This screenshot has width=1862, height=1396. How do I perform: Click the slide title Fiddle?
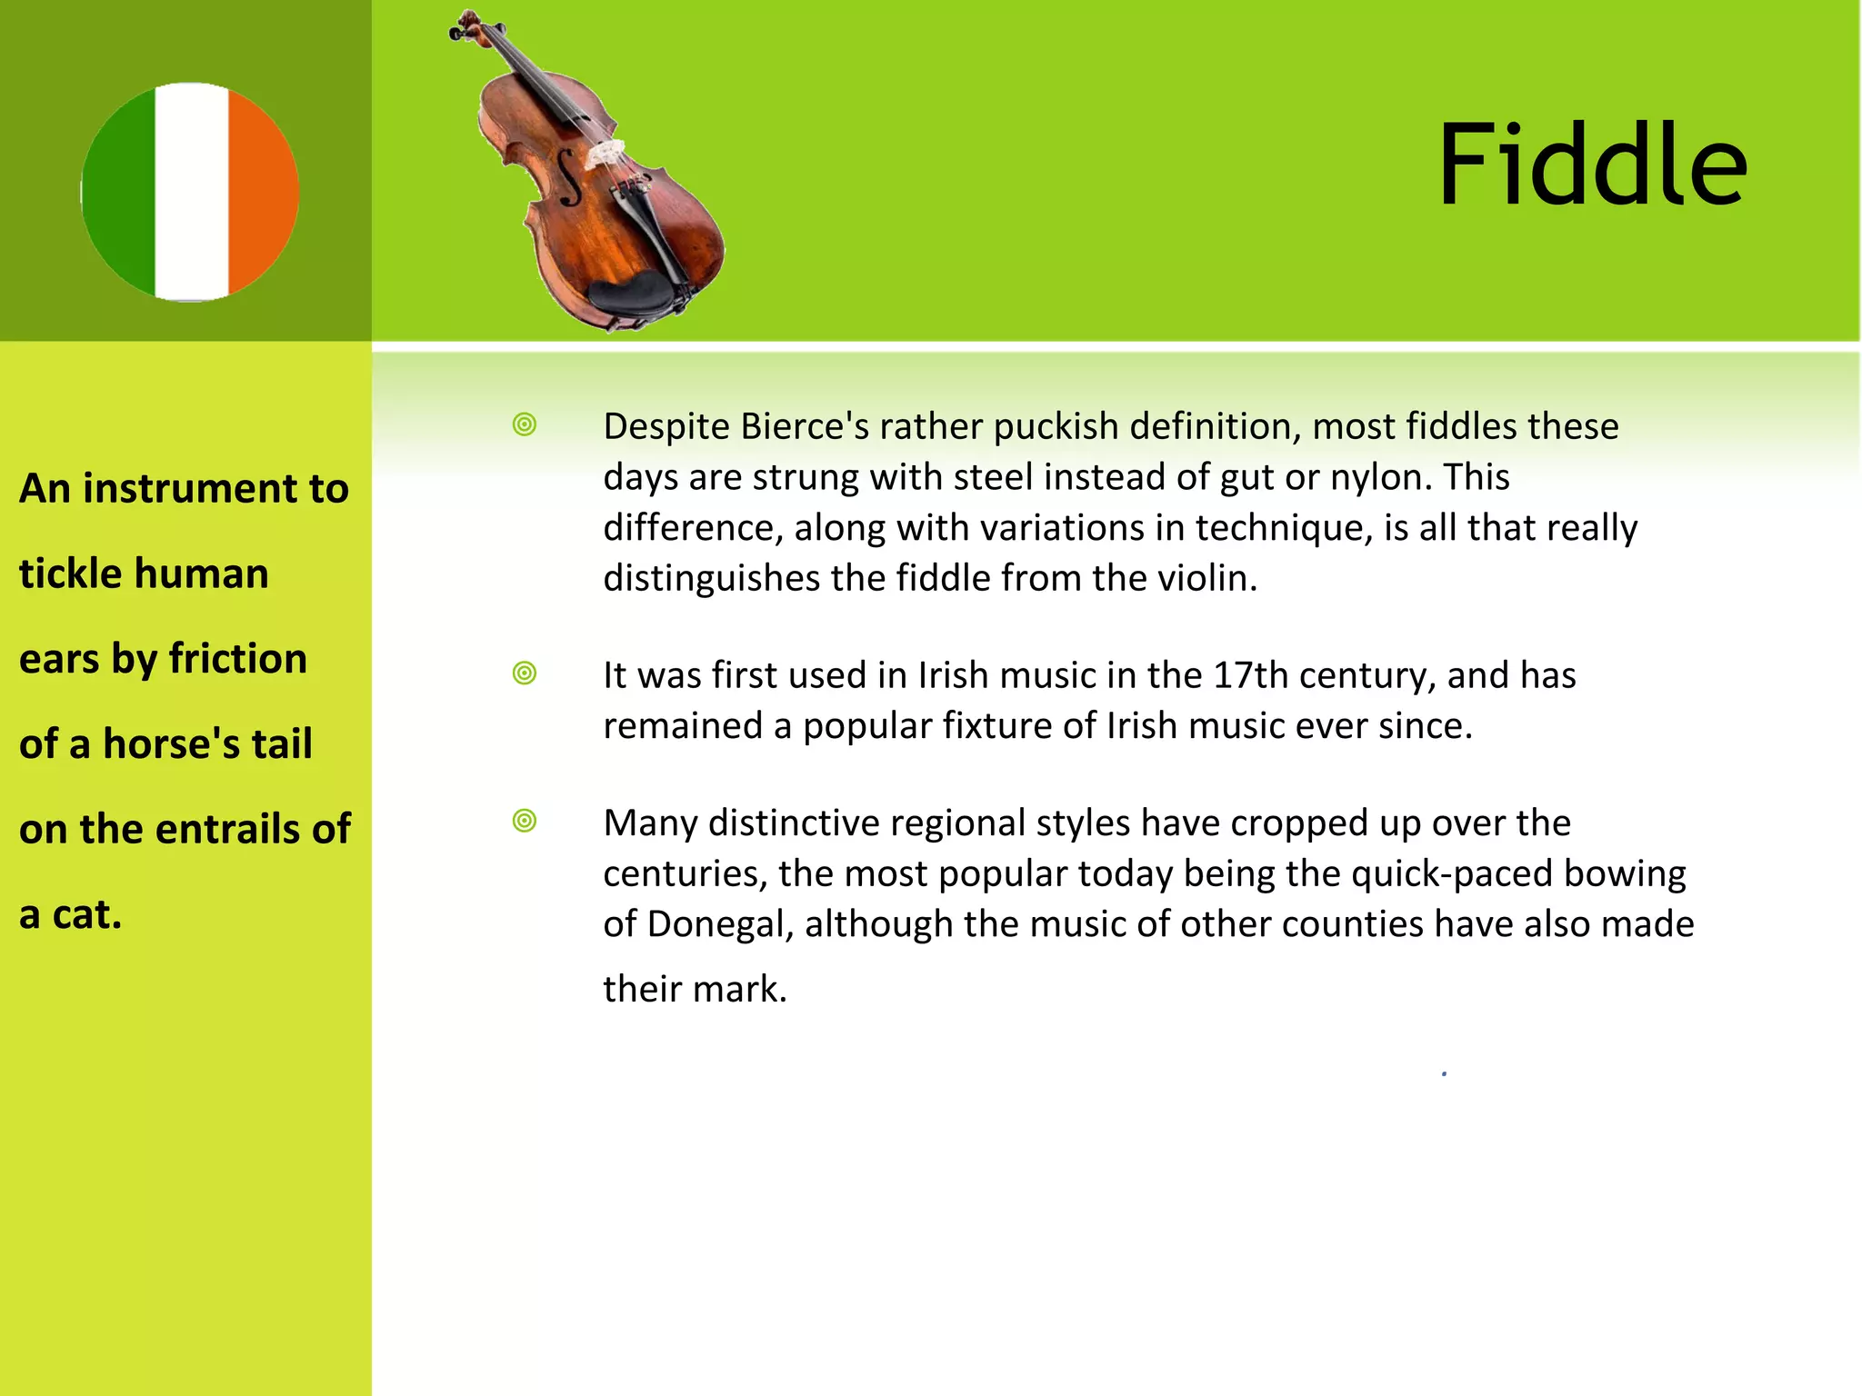click(1591, 165)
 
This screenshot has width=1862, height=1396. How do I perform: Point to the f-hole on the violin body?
click(568, 177)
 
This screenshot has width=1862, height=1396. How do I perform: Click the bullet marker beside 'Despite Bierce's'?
click(525, 424)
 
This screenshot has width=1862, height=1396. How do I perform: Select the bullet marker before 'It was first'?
click(525, 673)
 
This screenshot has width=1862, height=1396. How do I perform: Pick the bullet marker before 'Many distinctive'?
click(525, 821)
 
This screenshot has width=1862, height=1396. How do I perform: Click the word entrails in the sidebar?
click(221, 829)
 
